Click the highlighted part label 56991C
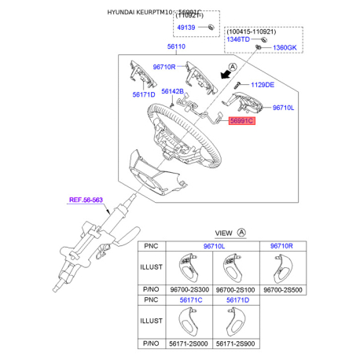[x=241, y=122]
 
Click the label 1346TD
[x=240, y=38]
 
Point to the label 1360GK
[x=285, y=48]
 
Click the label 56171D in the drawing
[x=144, y=94]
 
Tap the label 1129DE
[x=263, y=85]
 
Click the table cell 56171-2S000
[x=190, y=344]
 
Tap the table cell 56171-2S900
[x=236, y=344]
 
